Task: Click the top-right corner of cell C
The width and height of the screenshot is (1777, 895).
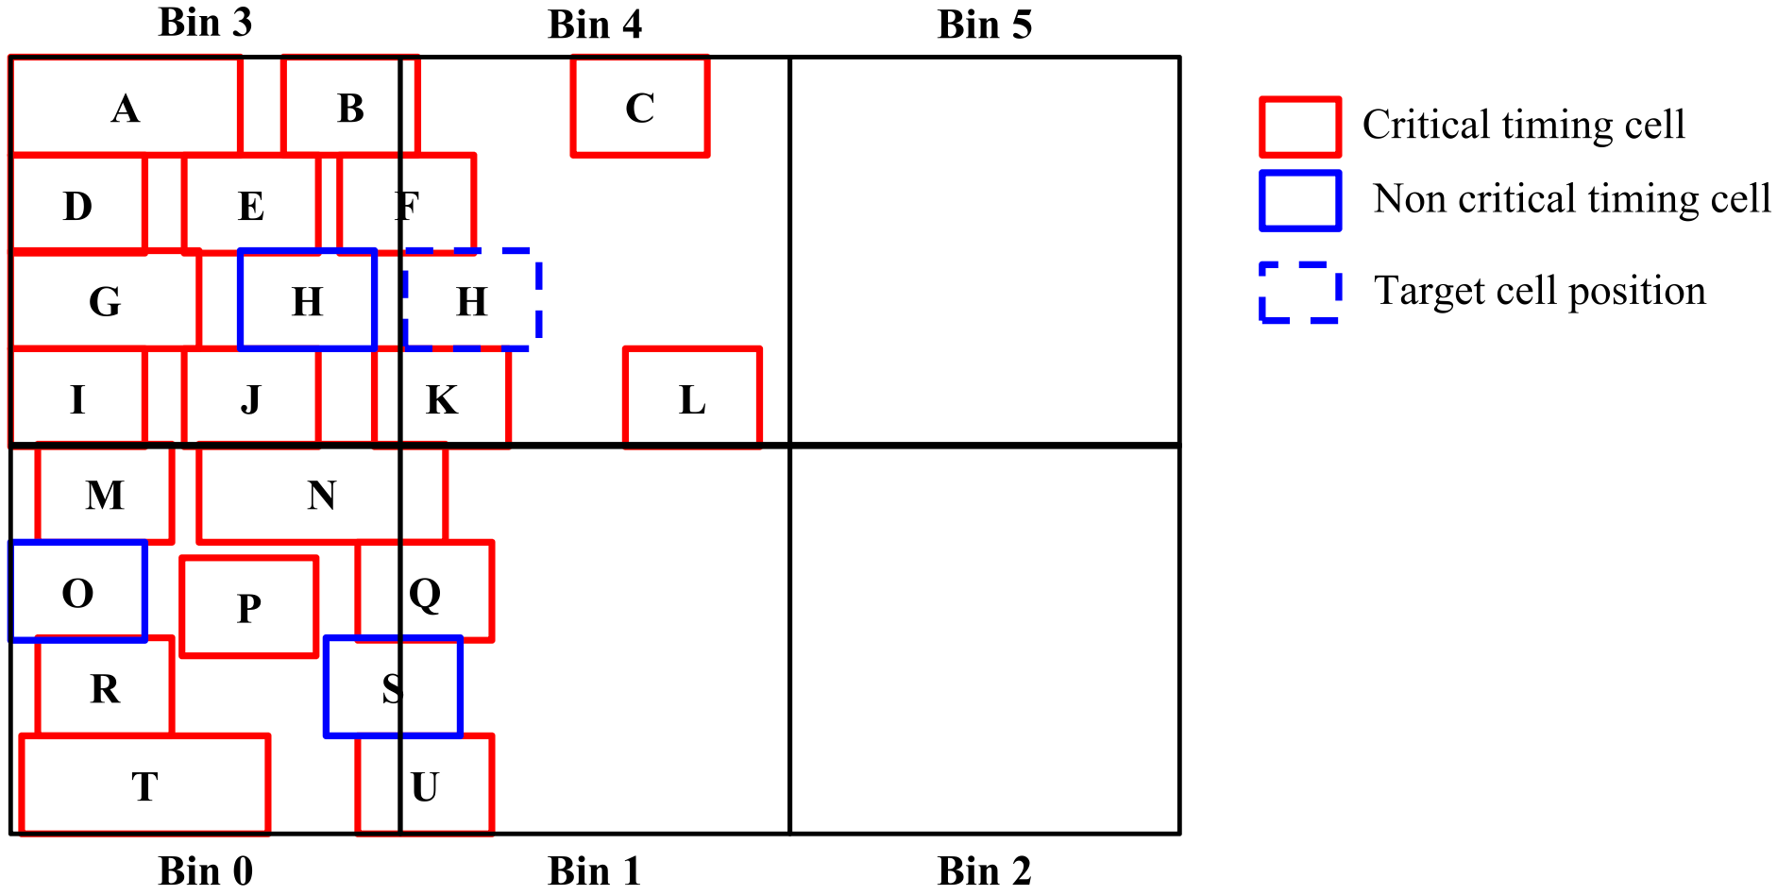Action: pyautogui.click(x=707, y=58)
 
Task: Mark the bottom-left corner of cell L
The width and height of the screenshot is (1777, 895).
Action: pyautogui.click(x=626, y=445)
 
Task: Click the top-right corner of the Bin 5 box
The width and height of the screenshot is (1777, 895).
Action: pyautogui.click(x=1178, y=58)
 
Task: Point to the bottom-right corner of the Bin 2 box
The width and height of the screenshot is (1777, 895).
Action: pyautogui.click(x=1178, y=833)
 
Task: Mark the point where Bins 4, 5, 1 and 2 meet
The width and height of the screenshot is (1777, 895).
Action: pyautogui.click(x=790, y=445)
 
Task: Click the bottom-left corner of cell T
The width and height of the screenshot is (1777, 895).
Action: pyautogui.click(x=22, y=833)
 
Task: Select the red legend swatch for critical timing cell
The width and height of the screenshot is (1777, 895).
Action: pyautogui.click(x=1300, y=127)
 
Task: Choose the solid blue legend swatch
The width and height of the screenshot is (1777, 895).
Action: pyautogui.click(x=1300, y=200)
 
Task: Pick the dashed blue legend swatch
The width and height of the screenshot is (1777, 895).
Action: pyautogui.click(x=1300, y=293)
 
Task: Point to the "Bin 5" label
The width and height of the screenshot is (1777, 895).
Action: pyautogui.click(x=985, y=25)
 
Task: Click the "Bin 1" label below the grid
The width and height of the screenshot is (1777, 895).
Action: pyautogui.click(x=595, y=870)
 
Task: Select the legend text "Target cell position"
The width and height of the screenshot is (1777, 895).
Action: pyautogui.click(x=1540, y=291)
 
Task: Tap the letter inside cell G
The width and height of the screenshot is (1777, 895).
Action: pyautogui.click(x=105, y=302)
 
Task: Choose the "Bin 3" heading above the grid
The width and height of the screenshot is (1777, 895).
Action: pyautogui.click(x=205, y=23)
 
